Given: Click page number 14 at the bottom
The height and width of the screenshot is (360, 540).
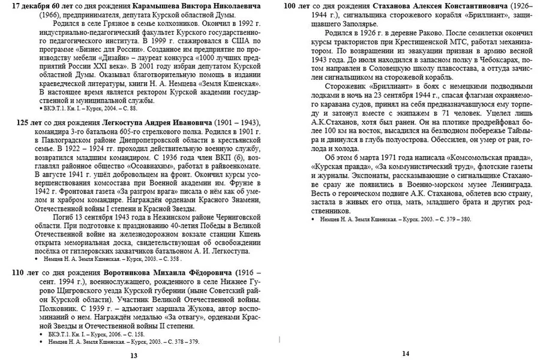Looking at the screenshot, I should coord(405,353).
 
